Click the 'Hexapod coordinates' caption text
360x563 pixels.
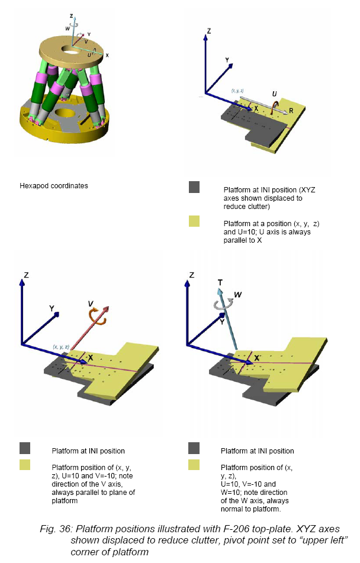coord(53,186)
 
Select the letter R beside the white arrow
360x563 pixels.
coord(291,111)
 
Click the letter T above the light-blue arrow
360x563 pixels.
coord(220,282)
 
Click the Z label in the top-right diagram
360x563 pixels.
coord(209,31)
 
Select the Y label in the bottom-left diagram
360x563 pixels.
coord(52,308)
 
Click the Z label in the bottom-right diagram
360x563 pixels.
coord(192,275)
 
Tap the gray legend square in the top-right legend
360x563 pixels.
coord(194,187)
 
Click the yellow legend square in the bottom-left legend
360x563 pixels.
coord(25,465)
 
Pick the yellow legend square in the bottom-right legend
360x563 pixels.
coord(194,465)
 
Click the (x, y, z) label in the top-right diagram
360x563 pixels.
coord(237,91)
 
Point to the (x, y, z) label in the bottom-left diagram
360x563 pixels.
coord(61,347)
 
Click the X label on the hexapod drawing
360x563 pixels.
coord(107,55)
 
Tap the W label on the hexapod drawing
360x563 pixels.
coord(67,28)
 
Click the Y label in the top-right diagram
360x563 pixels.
coord(227,60)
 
